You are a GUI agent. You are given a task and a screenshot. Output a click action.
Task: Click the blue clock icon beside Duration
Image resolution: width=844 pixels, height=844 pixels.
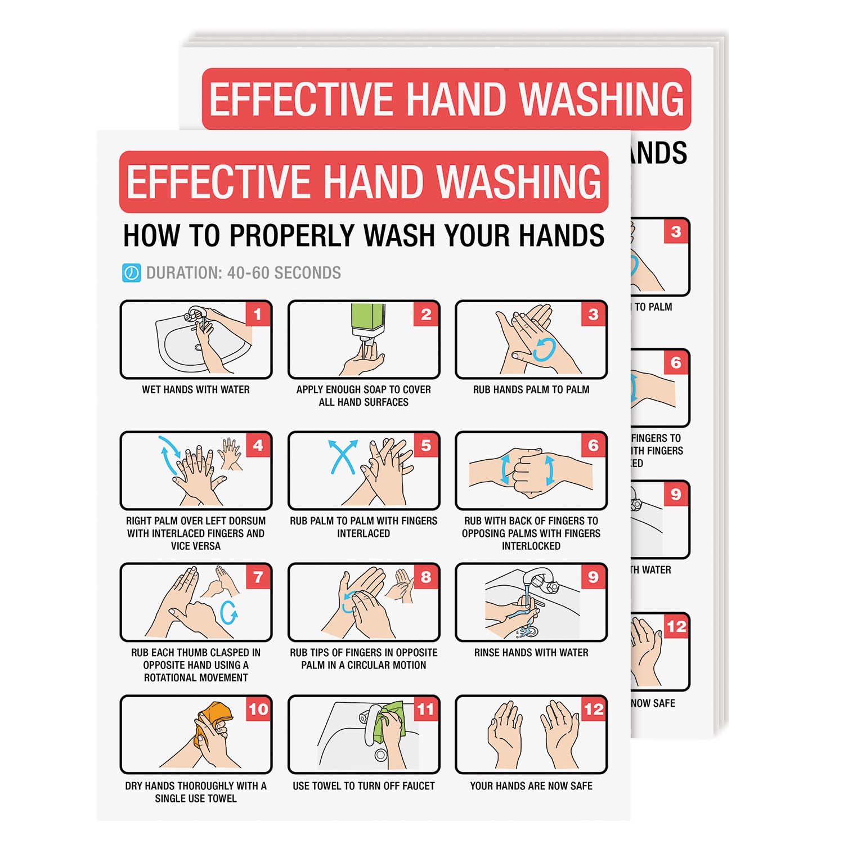click(x=131, y=273)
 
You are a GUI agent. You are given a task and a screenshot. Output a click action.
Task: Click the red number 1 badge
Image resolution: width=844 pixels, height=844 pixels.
click(x=258, y=314)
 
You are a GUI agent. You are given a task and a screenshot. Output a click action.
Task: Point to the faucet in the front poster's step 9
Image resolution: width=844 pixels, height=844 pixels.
click(x=537, y=582)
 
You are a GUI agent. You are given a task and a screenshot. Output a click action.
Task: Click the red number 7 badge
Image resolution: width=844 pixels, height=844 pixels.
click(x=258, y=577)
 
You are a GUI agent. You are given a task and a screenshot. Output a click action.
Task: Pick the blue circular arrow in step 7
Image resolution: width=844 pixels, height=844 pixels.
click(x=228, y=613)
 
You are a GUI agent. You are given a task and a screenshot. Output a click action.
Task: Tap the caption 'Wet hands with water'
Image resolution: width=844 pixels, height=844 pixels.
click(x=196, y=389)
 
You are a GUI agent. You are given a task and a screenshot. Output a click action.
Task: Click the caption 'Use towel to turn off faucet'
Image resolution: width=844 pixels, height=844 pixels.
click(x=363, y=786)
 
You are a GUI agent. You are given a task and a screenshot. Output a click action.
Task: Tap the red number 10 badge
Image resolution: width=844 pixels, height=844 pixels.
click(x=258, y=710)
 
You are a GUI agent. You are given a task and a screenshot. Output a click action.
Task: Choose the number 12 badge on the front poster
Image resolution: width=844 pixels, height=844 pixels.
click(x=594, y=710)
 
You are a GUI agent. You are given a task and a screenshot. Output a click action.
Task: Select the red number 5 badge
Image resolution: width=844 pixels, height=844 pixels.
click(x=426, y=446)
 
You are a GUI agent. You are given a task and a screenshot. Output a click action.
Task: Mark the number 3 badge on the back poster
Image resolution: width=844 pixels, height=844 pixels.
click(x=676, y=231)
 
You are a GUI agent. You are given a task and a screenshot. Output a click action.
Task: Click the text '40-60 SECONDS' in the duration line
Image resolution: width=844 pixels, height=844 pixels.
click(x=284, y=273)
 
